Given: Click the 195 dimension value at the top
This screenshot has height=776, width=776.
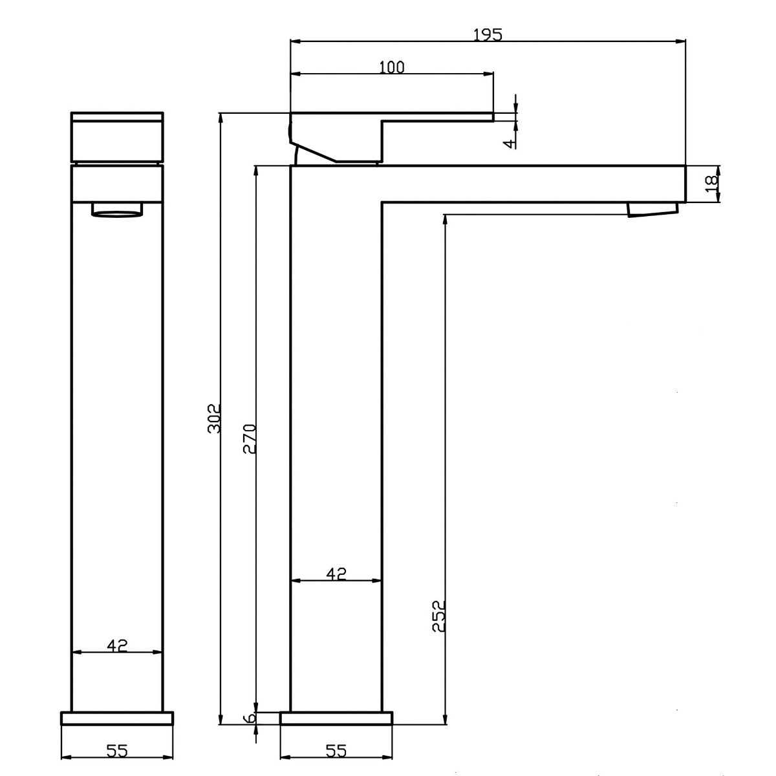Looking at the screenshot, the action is (x=488, y=35).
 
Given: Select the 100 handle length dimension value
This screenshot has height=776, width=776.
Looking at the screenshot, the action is (x=391, y=67).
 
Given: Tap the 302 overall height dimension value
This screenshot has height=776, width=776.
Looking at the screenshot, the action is (x=214, y=418).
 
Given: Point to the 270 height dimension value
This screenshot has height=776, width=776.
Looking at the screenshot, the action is (x=250, y=438).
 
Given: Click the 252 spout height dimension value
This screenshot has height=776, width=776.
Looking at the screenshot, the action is (x=439, y=616).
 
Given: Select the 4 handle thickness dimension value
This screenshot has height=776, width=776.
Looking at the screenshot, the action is (x=510, y=144).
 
